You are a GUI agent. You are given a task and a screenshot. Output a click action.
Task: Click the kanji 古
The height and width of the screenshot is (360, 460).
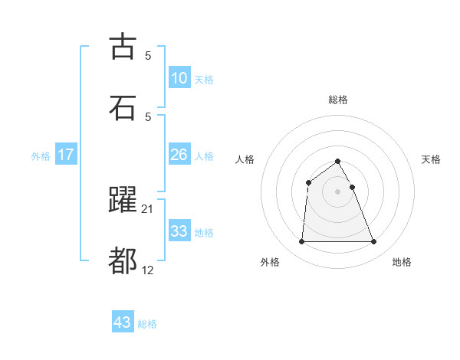(123, 47)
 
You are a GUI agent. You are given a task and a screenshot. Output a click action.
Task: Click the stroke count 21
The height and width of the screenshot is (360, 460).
(148, 208)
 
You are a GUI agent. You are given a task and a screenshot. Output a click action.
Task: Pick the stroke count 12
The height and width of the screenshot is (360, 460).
(148, 270)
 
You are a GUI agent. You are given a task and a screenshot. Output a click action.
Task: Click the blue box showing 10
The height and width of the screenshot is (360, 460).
(179, 78)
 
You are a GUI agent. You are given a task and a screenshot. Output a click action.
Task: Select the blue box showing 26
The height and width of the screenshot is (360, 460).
(179, 155)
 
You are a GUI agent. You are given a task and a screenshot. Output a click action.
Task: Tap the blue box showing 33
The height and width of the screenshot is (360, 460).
(179, 231)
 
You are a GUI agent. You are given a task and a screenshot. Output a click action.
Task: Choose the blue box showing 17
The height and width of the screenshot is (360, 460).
(65, 155)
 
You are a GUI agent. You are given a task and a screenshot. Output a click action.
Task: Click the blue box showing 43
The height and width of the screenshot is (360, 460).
(122, 322)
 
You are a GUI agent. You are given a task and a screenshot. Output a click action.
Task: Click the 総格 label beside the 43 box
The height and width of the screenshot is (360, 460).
(147, 324)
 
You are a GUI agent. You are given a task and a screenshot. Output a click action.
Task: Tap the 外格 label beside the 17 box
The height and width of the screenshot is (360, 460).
(41, 156)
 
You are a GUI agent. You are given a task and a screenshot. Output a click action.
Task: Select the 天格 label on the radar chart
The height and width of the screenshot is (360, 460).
(431, 159)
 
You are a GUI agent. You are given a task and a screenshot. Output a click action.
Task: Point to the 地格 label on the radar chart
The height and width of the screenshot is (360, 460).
(402, 262)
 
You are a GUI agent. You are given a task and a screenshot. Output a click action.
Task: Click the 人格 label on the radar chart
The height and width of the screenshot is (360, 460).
(245, 159)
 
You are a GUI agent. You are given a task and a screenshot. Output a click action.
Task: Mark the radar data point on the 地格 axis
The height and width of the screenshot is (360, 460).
(373, 242)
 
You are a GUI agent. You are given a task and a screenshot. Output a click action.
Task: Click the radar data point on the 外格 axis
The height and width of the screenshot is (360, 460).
(301, 242)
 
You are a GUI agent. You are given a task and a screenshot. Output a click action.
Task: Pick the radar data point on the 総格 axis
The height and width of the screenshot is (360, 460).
(337, 161)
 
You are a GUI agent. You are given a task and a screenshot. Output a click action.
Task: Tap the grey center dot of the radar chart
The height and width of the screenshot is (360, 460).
(337, 191)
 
